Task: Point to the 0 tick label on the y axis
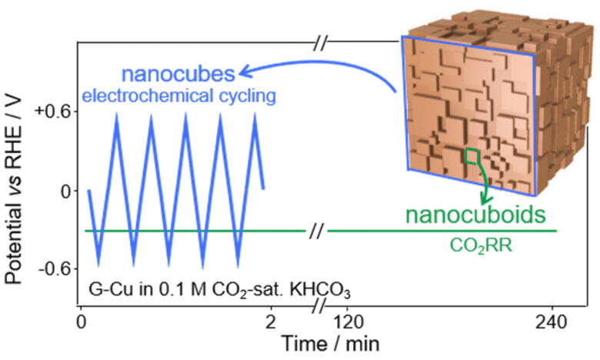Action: (64, 190)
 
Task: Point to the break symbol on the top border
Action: (322, 42)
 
